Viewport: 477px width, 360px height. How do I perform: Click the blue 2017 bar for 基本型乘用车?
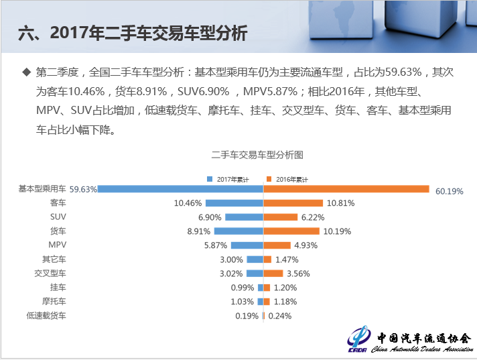point(181,189)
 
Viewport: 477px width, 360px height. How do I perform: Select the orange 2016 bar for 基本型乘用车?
point(346,189)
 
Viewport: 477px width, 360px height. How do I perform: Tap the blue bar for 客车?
point(234,203)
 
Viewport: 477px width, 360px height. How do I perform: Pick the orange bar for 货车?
point(291,231)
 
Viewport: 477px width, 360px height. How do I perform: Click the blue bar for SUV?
point(245,217)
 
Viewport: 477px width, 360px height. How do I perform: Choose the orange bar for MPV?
point(277,245)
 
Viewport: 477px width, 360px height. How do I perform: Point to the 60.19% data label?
point(449,191)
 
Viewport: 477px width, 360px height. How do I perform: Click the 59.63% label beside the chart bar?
point(83,189)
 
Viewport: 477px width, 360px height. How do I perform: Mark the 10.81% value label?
point(340,203)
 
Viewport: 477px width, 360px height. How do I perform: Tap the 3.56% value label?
point(299,274)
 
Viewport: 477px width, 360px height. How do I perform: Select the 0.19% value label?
point(247,316)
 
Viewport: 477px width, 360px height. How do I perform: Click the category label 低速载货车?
point(46,315)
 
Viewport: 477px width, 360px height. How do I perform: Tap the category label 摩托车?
point(54,301)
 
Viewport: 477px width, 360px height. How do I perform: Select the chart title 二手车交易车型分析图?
point(257,155)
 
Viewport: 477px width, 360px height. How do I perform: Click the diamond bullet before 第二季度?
point(27,72)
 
